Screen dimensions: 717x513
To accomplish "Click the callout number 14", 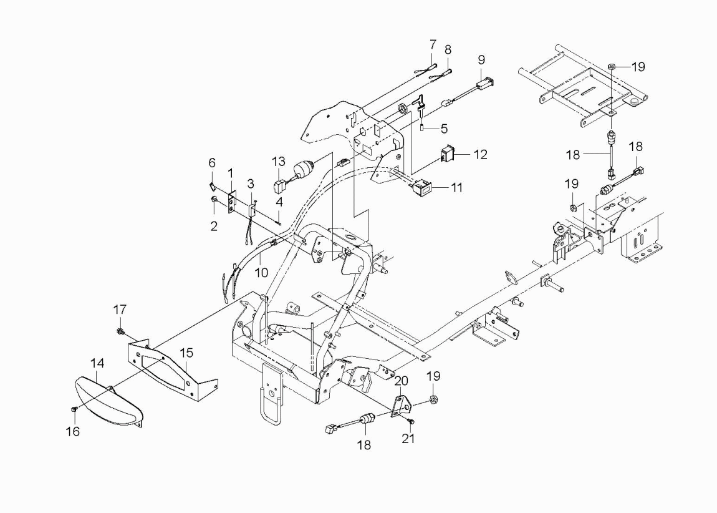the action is pos(97,363).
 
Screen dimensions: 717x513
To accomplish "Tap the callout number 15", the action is pos(186,353).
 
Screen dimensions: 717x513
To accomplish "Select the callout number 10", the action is pos(261,273).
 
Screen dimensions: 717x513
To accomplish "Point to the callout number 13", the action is pos(279,162).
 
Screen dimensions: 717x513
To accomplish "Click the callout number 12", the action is pos(481,155).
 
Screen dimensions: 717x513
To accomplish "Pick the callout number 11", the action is pos(456,188).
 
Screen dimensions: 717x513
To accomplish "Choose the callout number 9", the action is pos(481,60).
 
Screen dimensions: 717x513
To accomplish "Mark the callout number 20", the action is pos(401,381).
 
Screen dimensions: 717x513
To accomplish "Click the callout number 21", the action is pos(408,438).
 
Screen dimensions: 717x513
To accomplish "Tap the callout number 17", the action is pos(120,310).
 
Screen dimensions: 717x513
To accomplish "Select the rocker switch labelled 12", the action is pos(446,154).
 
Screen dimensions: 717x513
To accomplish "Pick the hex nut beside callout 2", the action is pos(214,200).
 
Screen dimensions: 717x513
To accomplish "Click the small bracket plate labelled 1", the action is pos(233,202).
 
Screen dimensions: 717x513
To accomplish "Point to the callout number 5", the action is pos(444,129).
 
